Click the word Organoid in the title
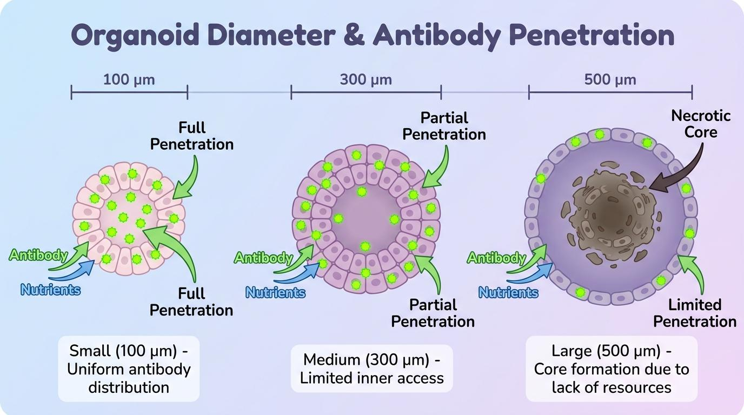pyautogui.click(x=135, y=36)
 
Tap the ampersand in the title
pyautogui.click(x=354, y=35)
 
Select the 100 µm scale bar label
pyautogui.click(x=129, y=80)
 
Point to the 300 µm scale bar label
pyautogui.click(x=366, y=80)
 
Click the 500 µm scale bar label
pyautogui.click(x=610, y=80)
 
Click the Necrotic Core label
pyautogui.click(x=701, y=124)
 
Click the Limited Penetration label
pyautogui.click(x=694, y=313)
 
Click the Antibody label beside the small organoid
pyautogui.click(x=38, y=255)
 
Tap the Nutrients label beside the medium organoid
pyautogui.click(x=275, y=292)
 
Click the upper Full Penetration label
pyautogui.click(x=191, y=136)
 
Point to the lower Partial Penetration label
pyautogui.click(x=433, y=313)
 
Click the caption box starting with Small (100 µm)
pyautogui.click(x=129, y=369)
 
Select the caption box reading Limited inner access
pyautogui.click(x=371, y=369)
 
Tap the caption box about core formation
pyautogui.click(x=612, y=369)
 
